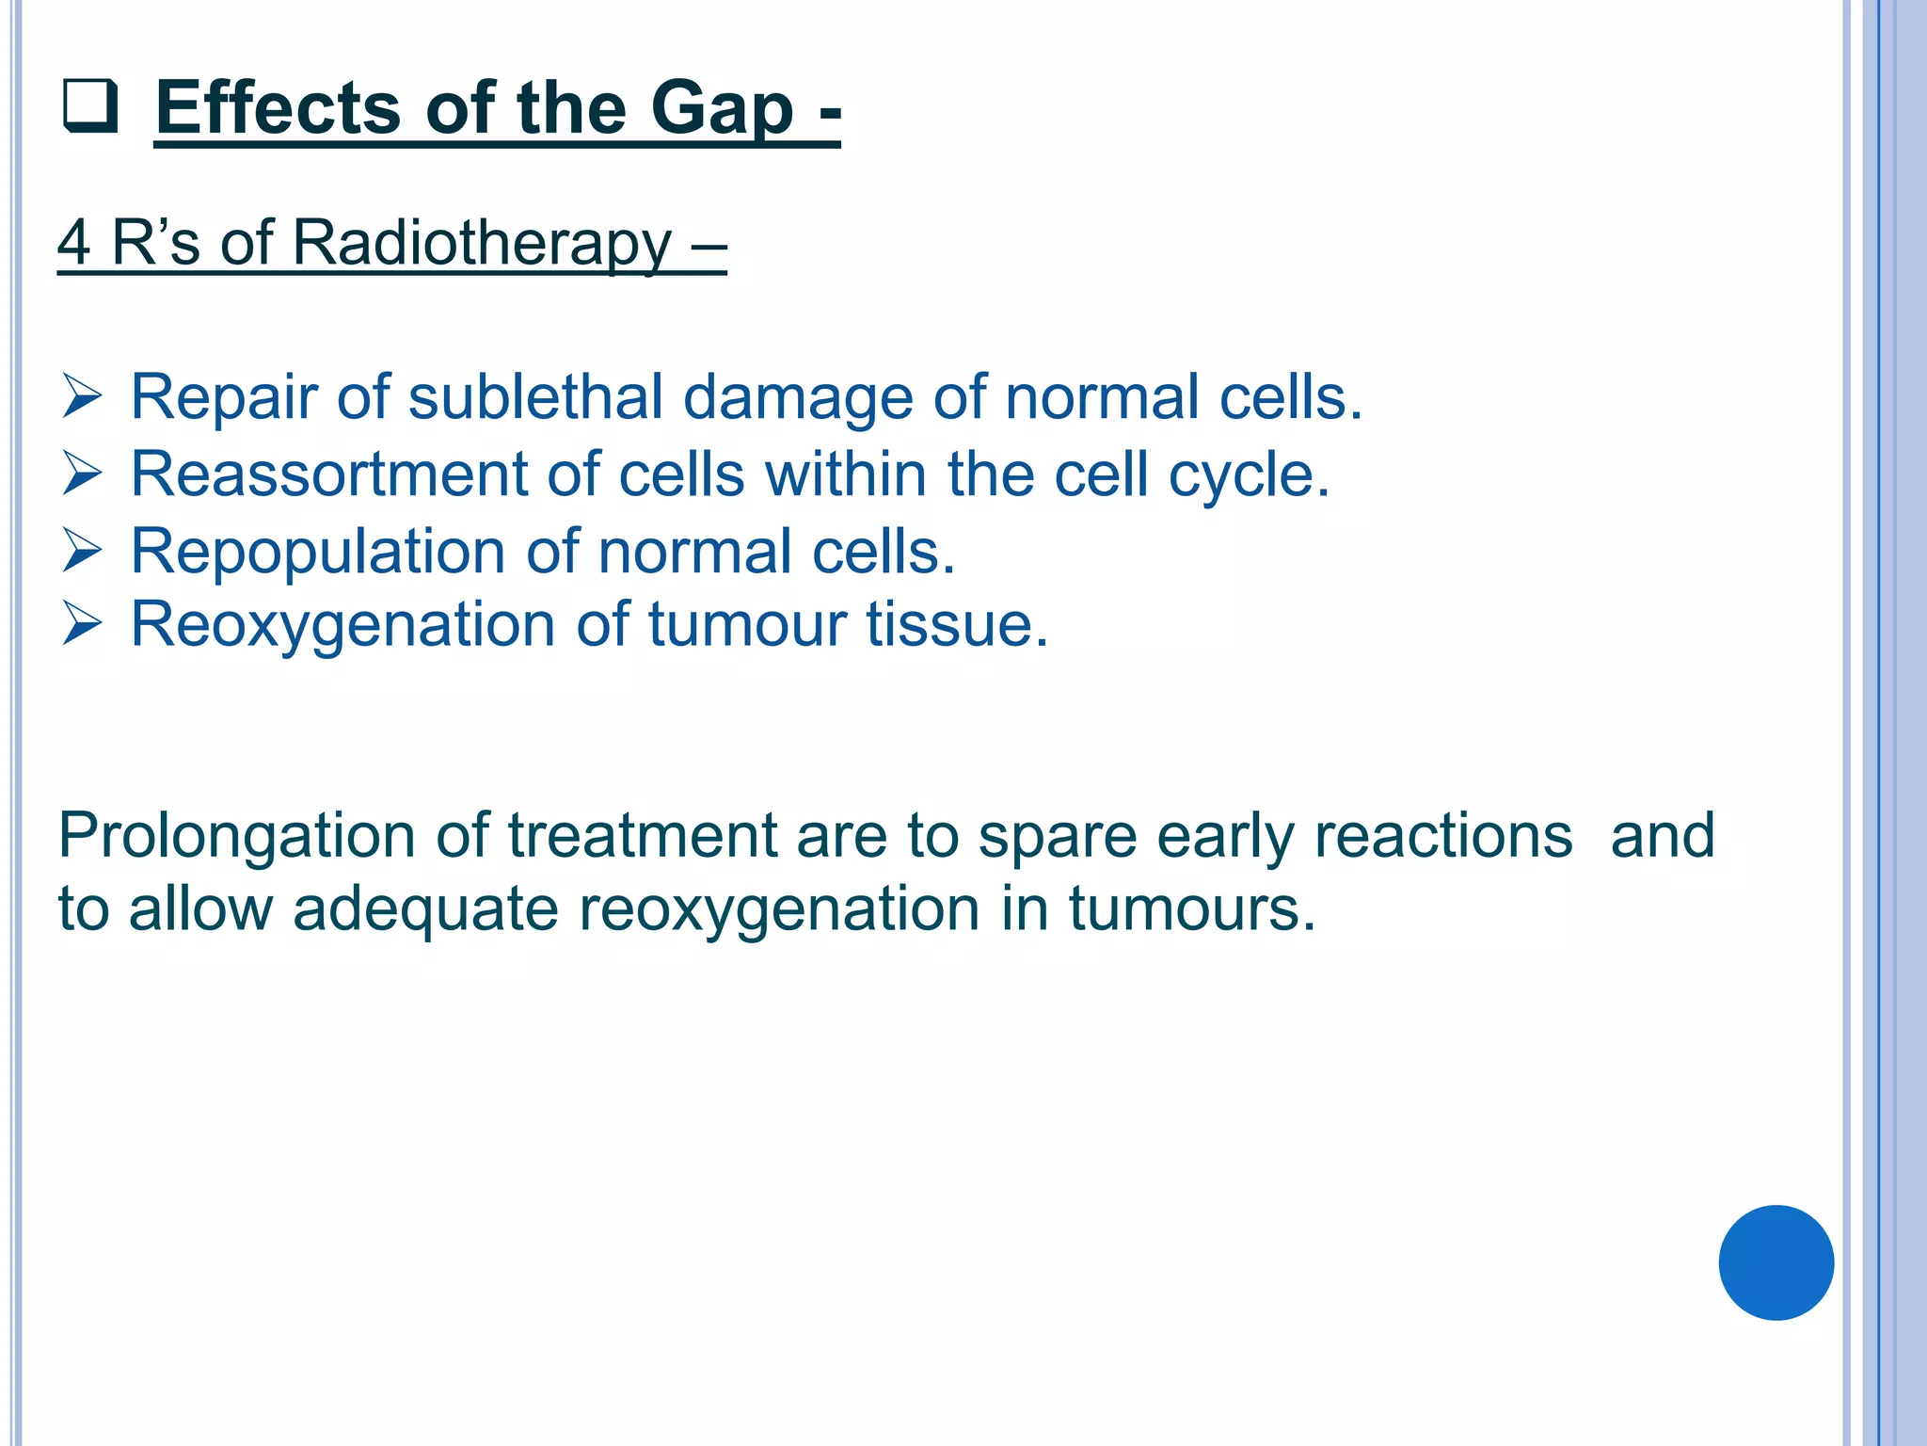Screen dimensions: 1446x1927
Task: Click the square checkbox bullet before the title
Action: click(90, 106)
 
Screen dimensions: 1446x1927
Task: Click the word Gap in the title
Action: click(722, 109)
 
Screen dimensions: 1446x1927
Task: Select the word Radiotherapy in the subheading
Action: click(482, 243)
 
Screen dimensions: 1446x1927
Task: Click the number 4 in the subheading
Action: click(74, 242)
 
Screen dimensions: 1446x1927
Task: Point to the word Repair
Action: click(223, 397)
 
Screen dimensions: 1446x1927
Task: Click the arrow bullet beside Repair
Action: click(82, 396)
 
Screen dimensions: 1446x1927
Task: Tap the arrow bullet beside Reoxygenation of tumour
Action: click(82, 624)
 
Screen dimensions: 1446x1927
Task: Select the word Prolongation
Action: click(236, 836)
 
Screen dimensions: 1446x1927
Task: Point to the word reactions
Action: click(1442, 836)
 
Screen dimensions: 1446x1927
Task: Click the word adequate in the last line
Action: click(425, 909)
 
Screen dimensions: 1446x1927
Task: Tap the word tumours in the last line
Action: click(1191, 909)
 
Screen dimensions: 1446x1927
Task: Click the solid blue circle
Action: click(1776, 1262)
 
